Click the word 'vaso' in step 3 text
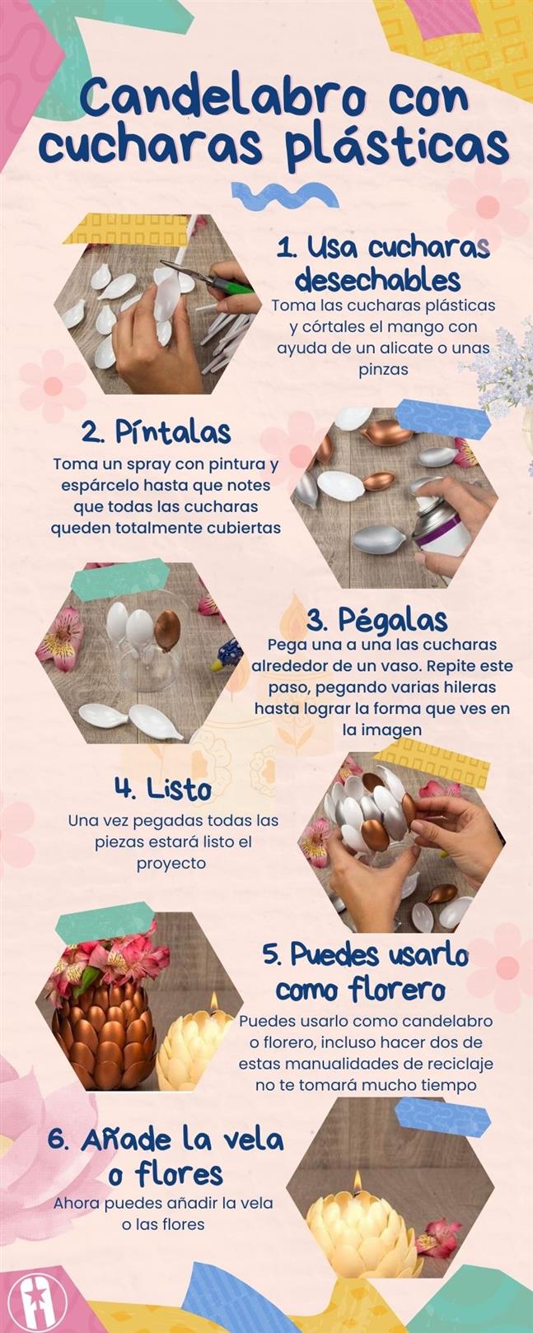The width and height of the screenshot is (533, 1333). (433, 665)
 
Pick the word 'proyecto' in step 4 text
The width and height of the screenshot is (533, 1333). (171, 863)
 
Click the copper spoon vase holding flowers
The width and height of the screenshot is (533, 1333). (103, 1021)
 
